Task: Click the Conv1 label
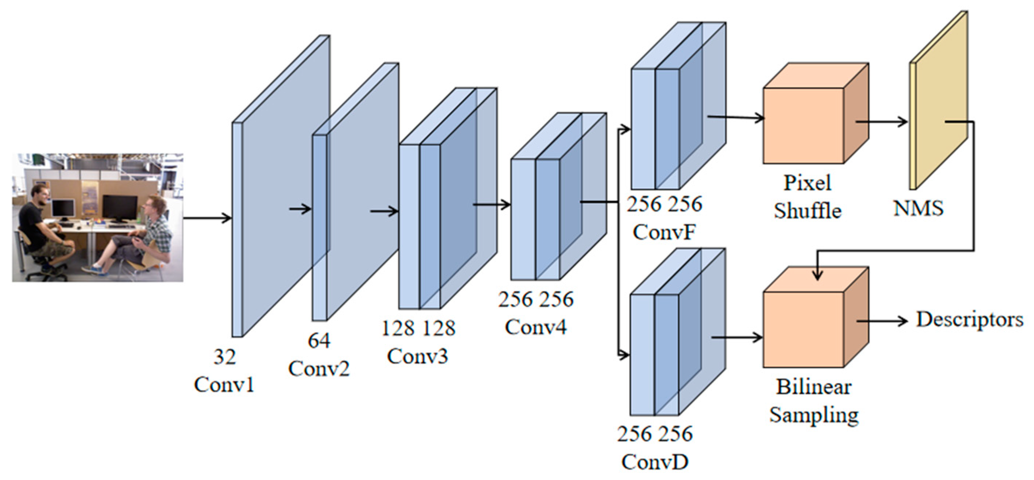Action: pyautogui.click(x=224, y=385)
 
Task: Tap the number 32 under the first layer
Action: pyautogui.click(x=224, y=357)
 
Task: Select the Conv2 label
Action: pyautogui.click(x=319, y=369)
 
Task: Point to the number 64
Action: pyautogui.click(x=319, y=341)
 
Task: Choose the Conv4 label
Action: pyautogui.click(x=535, y=327)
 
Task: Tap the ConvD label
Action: pyautogui.click(x=655, y=462)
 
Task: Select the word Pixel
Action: pyautogui.click(x=807, y=183)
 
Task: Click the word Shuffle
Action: pyautogui.click(x=807, y=211)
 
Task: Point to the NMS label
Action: pyautogui.click(x=918, y=208)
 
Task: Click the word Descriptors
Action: pyautogui.click(x=969, y=320)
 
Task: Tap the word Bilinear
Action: pyautogui.click(x=813, y=387)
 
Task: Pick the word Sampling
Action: pyautogui.click(x=814, y=415)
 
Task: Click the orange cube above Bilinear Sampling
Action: pyautogui.click(x=803, y=329)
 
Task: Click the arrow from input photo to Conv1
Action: pyautogui.click(x=207, y=218)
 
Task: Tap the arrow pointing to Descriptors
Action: pyautogui.click(x=883, y=321)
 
